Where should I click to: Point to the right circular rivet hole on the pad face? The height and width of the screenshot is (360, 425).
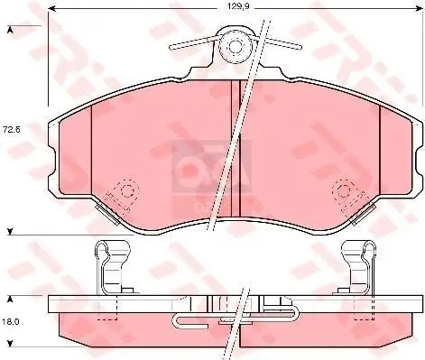point(344,190)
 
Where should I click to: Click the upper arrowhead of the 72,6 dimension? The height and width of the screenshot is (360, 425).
point(10,30)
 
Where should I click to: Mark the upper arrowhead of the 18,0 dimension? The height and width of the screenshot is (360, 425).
point(10,296)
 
